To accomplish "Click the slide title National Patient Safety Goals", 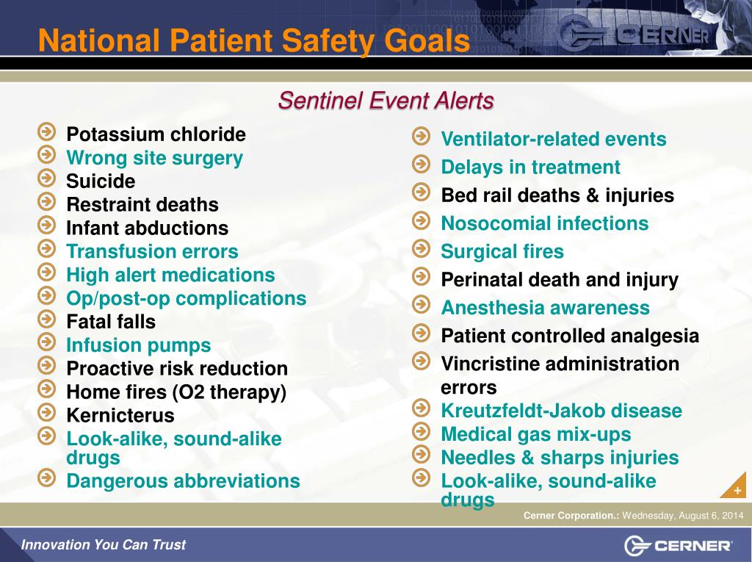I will [253, 40].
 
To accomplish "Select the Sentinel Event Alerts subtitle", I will [386, 101].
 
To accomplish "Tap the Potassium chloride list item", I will [156, 134].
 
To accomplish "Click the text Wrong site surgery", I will [154, 158].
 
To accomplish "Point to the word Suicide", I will [101, 181].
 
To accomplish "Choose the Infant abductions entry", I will [147, 228].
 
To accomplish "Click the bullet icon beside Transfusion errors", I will [46, 250].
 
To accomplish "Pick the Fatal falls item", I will [111, 322].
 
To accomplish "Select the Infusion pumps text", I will [138, 345].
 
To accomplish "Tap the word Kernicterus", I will [120, 416].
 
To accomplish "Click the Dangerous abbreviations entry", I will [183, 481].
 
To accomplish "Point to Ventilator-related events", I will [553, 140].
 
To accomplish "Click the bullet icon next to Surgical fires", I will [421, 249].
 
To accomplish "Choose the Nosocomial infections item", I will [544, 223].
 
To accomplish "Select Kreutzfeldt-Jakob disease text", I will [561, 411].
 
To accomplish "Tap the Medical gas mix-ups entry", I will [535, 434].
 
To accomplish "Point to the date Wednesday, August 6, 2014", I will [683, 516].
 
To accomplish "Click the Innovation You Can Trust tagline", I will [103, 545].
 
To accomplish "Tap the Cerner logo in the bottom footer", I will [679, 545].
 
